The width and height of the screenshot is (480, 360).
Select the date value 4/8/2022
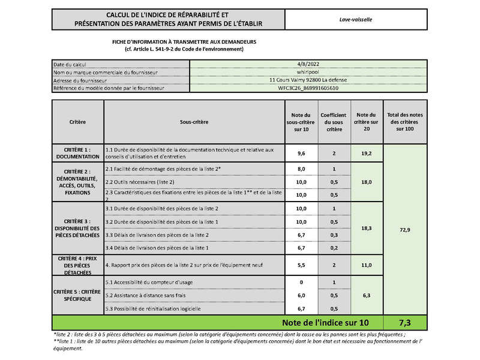pyautogui.click(x=308, y=64)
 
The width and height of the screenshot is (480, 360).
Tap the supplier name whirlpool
pyautogui.click(x=308, y=72)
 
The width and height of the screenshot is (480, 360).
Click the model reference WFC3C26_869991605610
pyautogui.click(x=308, y=88)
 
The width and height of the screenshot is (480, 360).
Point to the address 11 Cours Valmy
pyautogui.click(x=308, y=80)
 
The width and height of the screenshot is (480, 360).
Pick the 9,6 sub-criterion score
pyautogui.click(x=301, y=154)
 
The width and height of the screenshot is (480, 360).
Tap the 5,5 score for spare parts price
pyautogui.click(x=301, y=265)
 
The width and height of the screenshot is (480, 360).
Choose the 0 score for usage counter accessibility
pyautogui.click(x=301, y=282)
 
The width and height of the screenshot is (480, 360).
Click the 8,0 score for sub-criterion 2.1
pyautogui.click(x=301, y=169)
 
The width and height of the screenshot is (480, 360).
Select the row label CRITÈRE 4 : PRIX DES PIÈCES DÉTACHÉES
pyautogui.click(x=77, y=265)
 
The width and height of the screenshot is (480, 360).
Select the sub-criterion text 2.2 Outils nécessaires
pyautogui.click(x=140, y=182)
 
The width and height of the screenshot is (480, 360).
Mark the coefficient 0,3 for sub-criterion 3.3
pyautogui.click(x=334, y=235)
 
